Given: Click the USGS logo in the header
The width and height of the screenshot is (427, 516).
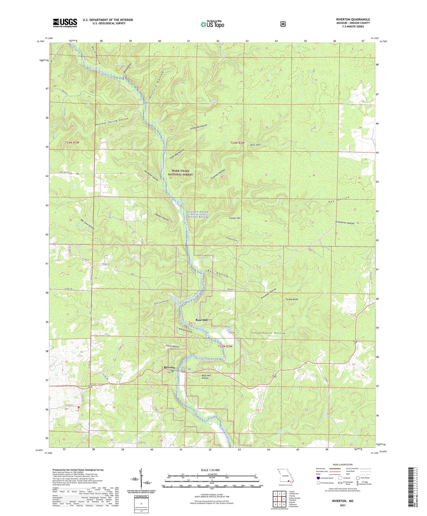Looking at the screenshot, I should [x=65, y=23].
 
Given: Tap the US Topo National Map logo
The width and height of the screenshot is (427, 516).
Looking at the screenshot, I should [x=212, y=24].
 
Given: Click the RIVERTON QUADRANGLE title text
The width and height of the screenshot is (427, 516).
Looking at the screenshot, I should [x=353, y=20].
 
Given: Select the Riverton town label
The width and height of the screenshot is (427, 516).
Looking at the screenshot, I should [x=170, y=368].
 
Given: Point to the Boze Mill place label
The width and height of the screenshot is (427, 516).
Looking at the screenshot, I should [x=202, y=320].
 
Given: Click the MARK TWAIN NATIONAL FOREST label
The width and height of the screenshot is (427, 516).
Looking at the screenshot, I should [x=180, y=173].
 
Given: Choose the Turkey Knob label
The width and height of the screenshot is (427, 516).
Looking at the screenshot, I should [x=292, y=299].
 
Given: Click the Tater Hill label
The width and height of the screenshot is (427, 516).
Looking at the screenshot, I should [x=255, y=145].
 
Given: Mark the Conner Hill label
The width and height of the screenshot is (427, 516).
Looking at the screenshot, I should [x=235, y=218].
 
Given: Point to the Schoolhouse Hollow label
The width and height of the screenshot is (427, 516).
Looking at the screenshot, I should [x=268, y=333].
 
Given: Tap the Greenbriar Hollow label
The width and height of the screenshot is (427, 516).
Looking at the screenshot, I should [x=345, y=223].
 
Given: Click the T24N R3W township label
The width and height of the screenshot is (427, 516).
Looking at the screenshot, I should [x=72, y=143].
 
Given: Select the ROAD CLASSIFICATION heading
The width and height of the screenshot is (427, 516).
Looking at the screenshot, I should [x=342, y=465].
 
